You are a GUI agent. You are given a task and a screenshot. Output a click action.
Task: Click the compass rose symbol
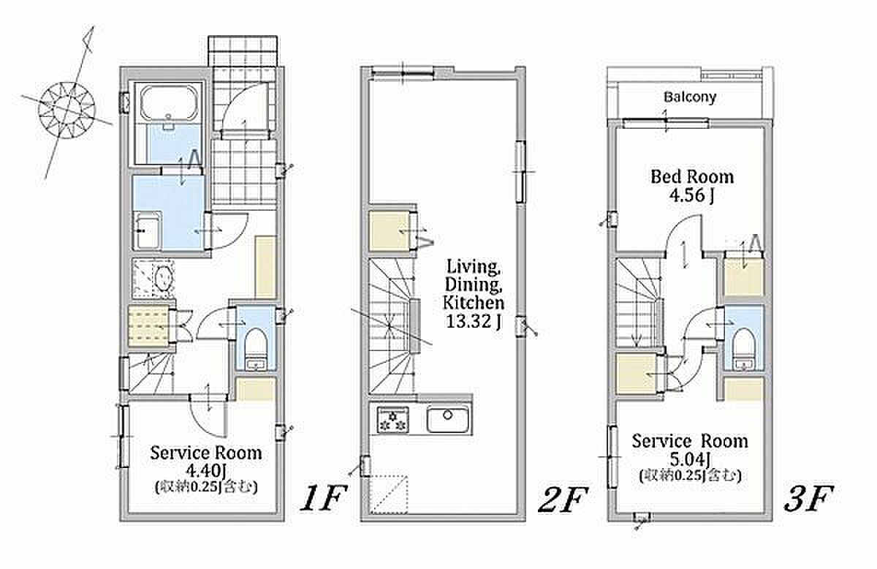[x=67, y=110]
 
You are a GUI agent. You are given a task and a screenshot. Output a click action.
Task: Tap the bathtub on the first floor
[x=169, y=103]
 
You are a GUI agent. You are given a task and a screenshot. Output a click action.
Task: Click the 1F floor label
[x=323, y=498]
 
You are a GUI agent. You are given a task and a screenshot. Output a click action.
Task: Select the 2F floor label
[x=563, y=499]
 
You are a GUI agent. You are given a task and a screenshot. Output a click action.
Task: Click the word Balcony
[x=690, y=97]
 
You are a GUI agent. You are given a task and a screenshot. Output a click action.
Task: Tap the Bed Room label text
[x=692, y=177]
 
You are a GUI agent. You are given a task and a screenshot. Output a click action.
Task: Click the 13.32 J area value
[x=474, y=322]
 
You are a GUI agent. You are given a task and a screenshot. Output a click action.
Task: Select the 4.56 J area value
[x=691, y=195]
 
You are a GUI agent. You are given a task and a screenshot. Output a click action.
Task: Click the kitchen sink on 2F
[x=447, y=420]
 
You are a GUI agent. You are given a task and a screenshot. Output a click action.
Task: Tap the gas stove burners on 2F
[x=392, y=420]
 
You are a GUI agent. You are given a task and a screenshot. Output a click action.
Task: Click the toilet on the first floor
[x=256, y=348]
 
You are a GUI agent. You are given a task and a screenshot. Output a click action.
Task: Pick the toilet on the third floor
[x=743, y=348]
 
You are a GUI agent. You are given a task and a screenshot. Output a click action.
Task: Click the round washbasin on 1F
[x=164, y=278]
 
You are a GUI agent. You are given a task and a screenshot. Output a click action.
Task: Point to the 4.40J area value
[x=206, y=470]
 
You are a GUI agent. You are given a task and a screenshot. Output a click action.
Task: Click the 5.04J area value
[x=690, y=458]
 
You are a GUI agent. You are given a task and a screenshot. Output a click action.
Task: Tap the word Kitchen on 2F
[x=474, y=303]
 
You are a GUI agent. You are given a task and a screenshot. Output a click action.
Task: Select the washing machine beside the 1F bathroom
[x=147, y=230]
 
